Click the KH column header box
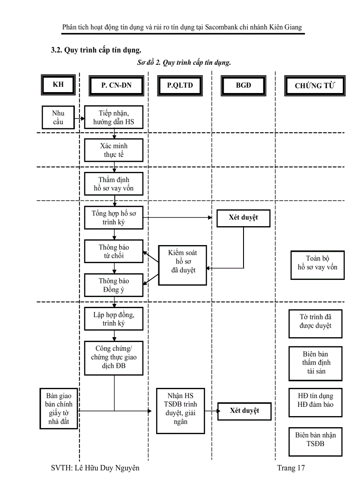[58, 85]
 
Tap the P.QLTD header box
[180, 86]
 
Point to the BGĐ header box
[243, 86]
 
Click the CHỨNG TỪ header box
[315, 86]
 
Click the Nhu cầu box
[58, 117]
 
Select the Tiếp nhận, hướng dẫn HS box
[114, 117]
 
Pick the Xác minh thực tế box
[114, 150]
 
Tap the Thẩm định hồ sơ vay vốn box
[114, 184]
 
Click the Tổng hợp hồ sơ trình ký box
[114, 217]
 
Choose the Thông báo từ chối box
[114, 251]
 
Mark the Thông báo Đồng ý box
[114, 285]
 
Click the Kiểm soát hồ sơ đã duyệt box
[183, 261]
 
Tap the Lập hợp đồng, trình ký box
[114, 319]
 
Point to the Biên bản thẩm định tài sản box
[315, 363]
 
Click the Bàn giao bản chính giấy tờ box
[58, 409]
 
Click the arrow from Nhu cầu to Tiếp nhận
[79, 119]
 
